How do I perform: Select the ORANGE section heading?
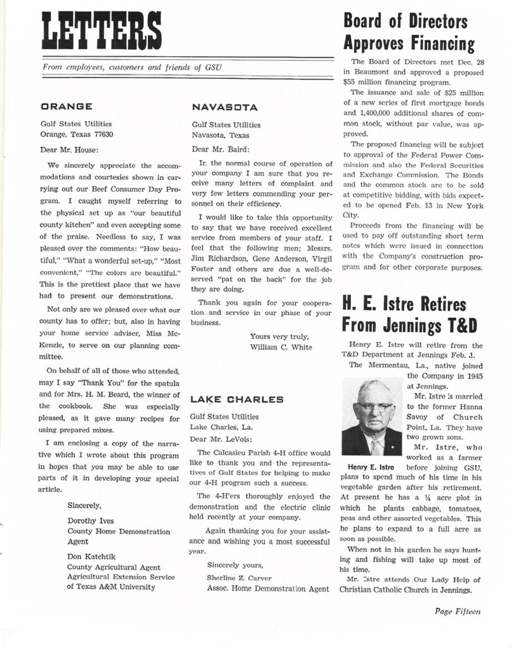coord(66,106)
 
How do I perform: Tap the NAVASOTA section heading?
coord(221,107)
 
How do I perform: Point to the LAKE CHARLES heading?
coord(237,399)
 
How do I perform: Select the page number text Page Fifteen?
coord(458,611)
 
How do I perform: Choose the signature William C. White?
coord(281,347)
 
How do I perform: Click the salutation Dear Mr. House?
coord(69,150)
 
